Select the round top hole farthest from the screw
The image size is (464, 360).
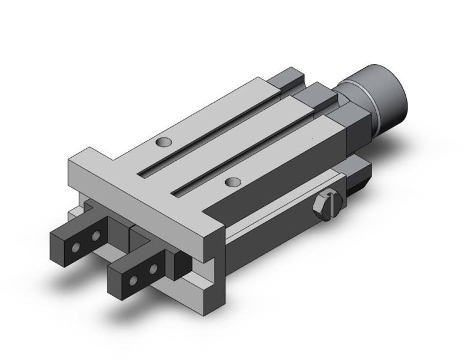click(162, 143)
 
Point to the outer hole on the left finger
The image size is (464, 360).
click(76, 247)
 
